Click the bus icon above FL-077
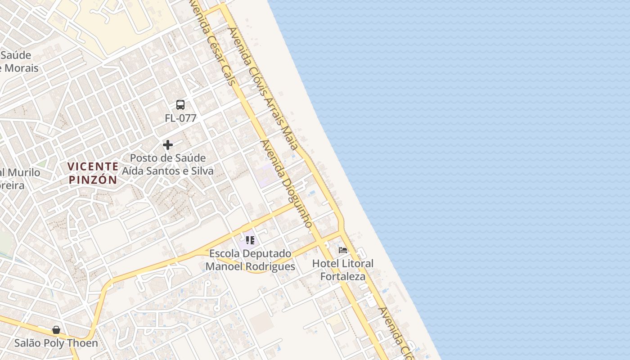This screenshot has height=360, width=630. click(180, 105)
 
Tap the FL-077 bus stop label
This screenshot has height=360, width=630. click(180, 118)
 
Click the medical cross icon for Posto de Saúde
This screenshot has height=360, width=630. click(168, 145)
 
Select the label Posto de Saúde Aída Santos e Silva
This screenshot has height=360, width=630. click(168, 165)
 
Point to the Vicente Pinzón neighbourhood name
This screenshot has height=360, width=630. click(93, 173)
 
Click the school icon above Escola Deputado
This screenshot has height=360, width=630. click(250, 240)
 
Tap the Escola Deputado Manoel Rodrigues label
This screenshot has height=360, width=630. click(250, 260)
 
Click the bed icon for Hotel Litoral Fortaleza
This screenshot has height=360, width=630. click(343, 250)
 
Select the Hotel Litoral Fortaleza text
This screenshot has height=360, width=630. click(343, 270)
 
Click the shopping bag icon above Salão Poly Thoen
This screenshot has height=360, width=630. click(56, 330)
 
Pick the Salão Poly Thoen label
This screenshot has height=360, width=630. click(56, 343)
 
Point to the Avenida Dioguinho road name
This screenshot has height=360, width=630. click(287, 184)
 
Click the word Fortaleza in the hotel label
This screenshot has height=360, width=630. click(343, 276)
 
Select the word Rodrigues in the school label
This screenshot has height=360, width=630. click(271, 266)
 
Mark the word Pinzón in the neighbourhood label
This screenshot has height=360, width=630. click(93, 180)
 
